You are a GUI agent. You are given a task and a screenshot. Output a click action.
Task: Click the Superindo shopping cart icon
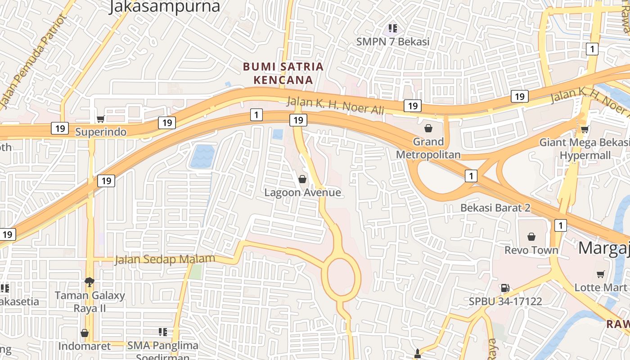pos(100,119)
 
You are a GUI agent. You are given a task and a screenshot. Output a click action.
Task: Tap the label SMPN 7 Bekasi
pos(393,41)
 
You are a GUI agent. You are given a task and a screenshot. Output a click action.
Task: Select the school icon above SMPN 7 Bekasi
pos(393,29)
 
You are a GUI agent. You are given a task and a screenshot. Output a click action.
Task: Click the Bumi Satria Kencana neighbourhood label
pos(283,73)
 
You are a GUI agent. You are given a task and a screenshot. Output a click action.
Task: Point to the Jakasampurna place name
pos(164,6)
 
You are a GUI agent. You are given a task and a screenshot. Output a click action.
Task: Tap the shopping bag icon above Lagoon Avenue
pos(302,179)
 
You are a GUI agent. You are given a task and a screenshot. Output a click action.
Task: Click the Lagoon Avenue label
pos(302,193)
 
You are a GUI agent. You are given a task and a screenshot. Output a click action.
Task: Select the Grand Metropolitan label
pos(428,148)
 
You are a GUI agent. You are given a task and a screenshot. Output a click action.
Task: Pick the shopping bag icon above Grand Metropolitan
pos(428,129)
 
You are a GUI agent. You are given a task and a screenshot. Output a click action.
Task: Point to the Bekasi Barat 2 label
pos(495,208)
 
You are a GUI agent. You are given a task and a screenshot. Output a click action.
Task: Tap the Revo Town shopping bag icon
pos(531,237)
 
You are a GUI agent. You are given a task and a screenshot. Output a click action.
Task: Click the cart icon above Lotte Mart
pos(600,274)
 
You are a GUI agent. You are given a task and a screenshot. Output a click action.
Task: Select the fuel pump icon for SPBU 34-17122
pos(505,288)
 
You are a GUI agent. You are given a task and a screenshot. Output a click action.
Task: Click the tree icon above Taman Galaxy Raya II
pos(90,282)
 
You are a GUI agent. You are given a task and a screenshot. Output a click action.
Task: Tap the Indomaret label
pos(84,346)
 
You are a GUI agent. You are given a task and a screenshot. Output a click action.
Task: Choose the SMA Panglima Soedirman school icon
pos(163,333)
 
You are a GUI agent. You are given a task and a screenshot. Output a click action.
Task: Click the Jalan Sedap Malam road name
pos(165,259)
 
